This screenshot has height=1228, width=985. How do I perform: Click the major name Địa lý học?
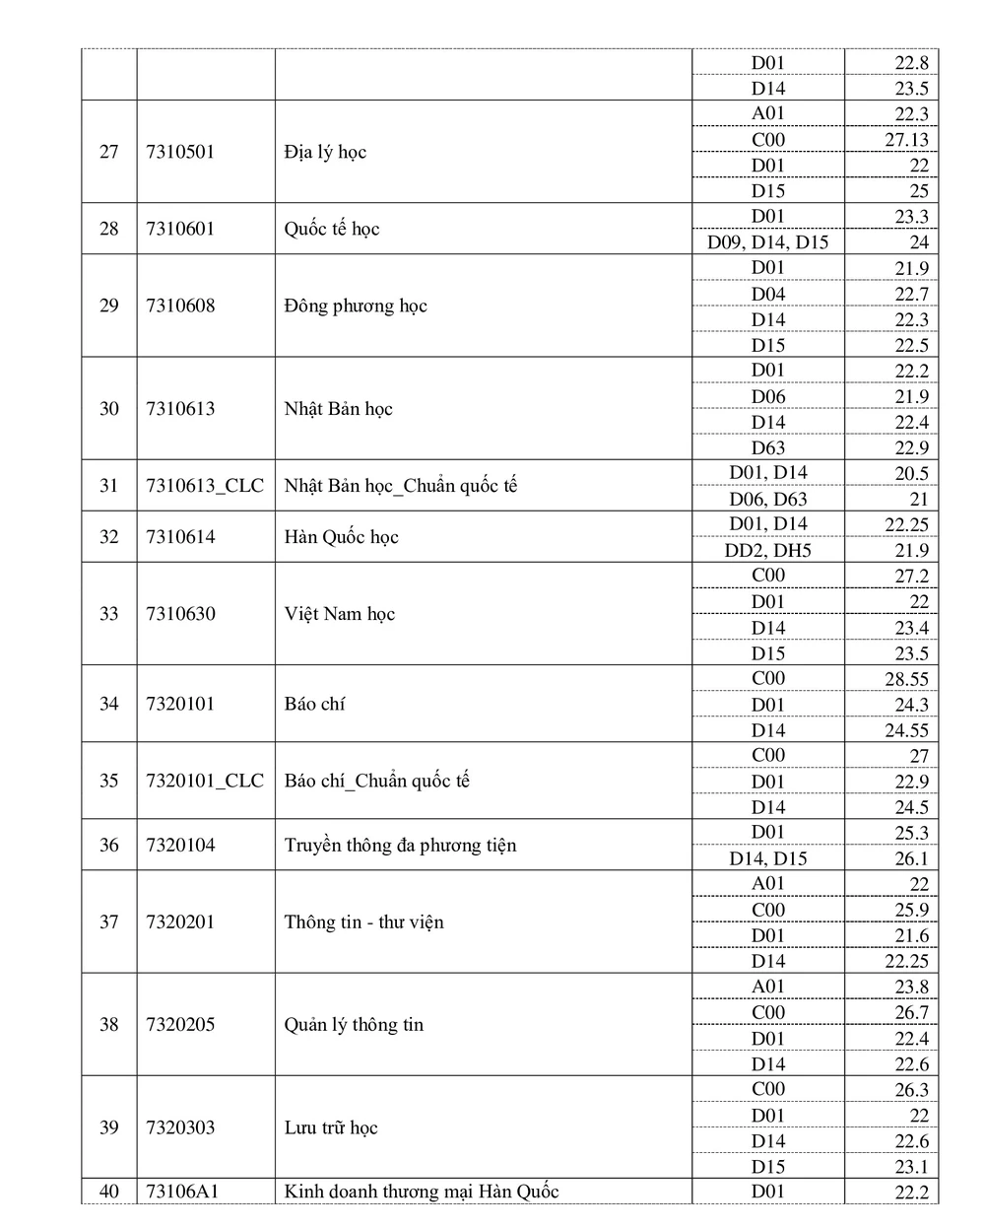pos(325,152)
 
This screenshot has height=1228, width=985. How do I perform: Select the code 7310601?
pos(179,229)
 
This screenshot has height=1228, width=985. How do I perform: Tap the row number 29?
pos(108,306)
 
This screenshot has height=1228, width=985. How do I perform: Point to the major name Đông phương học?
pos(356,306)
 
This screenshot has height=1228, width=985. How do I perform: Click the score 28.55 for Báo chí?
pos(906,679)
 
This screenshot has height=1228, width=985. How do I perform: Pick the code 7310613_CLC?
pos(205,486)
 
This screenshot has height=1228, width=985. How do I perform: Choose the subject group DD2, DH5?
pos(768,550)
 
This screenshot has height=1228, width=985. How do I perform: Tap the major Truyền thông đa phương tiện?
pos(400,845)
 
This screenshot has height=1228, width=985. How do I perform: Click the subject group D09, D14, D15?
pos(768,242)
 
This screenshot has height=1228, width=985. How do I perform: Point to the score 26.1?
pos(911,858)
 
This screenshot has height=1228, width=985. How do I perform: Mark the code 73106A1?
pos(182,1192)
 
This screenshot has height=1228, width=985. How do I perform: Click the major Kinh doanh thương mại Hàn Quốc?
pos(422,1192)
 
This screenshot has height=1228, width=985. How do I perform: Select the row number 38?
pos(108,1025)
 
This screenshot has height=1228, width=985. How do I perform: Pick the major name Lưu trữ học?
pos(331,1127)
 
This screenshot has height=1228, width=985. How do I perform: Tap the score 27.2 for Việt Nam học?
pos(911,577)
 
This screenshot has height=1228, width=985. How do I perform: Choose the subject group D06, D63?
pos(768,499)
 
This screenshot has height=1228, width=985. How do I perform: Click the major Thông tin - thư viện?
pos(364,922)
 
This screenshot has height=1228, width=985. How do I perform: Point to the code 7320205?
pos(180,1025)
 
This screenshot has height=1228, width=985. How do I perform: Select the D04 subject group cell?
pos(768,294)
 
